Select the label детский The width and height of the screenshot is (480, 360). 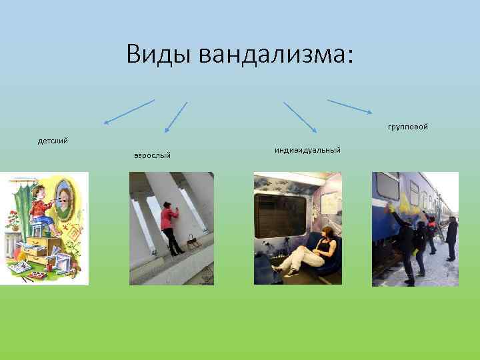53,141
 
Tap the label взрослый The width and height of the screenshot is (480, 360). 152,155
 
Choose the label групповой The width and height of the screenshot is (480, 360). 407,126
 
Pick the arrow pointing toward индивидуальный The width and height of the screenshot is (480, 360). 301,118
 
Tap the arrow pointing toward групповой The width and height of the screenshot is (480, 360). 349,107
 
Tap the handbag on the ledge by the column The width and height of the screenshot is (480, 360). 193,241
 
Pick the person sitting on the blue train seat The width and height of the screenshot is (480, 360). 313,250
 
